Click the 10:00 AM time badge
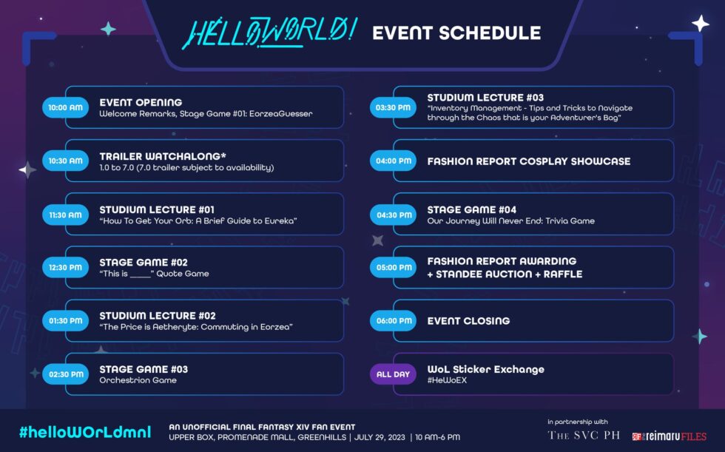pyautogui.click(x=65, y=107)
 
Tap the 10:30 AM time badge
pyautogui.click(x=65, y=161)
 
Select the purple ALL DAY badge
pyautogui.click(x=393, y=374)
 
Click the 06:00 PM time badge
pyautogui.click(x=393, y=321)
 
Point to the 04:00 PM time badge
pyautogui.click(x=393, y=161)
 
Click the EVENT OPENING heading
pyautogui.click(x=141, y=102)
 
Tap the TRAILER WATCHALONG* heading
pyautogui.click(x=163, y=156)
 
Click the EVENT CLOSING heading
pyautogui.click(x=468, y=321)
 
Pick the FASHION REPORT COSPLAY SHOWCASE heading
pyautogui.click(x=528, y=161)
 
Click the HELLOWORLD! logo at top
pyautogui.click(x=269, y=33)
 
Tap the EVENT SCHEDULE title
pyautogui.click(x=456, y=33)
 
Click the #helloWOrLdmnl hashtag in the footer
pyautogui.click(x=84, y=432)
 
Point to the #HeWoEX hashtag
pyautogui.click(x=447, y=380)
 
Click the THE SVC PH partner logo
pyautogui.click(x=584, y=435)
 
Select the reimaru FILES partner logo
pyautogui.click(x=669, y=436)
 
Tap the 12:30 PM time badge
pyautogui.click(x=65, y=267)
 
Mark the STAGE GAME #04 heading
pyautogui.click(x=472, y=209)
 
